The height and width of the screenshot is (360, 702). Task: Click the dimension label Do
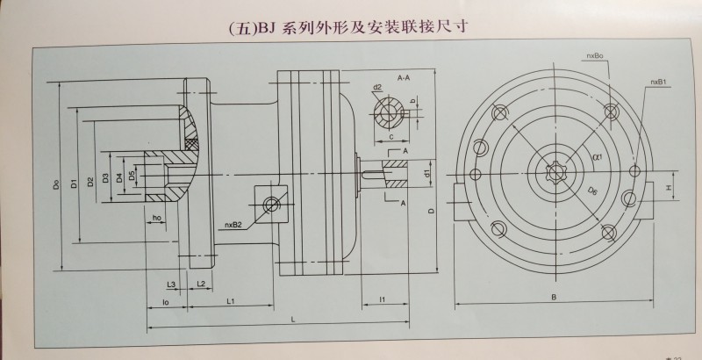pos(55,185)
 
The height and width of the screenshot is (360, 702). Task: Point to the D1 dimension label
pos(75,183)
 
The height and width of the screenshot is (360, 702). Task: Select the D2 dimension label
pos(90,180)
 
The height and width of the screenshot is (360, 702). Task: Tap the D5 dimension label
pos(133,176)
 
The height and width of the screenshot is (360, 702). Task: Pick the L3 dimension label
pos(172,284)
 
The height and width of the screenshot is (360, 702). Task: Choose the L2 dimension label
pos(201,284)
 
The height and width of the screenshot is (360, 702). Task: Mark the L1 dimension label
pos(231,301)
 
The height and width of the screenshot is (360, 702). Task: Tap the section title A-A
pos(405,79)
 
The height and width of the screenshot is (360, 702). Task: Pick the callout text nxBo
pos(594,55)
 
